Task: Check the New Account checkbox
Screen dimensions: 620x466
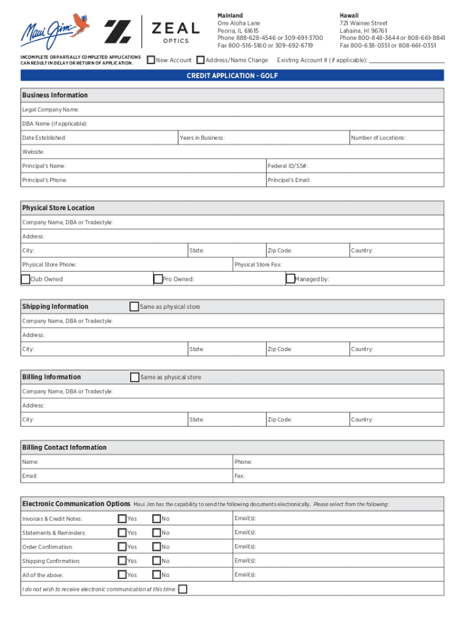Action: [x=151, y=60]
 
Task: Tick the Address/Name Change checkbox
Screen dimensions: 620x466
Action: [x=200, y=60]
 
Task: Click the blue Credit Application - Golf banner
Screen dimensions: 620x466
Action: [x=232, y=75]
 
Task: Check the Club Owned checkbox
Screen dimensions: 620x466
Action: [x=25, y=279]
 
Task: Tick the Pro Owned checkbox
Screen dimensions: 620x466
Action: [x=158, y=279]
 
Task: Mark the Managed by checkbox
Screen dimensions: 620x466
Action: [x=290, y=279]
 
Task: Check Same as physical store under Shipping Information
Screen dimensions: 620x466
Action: [x=134, y=306]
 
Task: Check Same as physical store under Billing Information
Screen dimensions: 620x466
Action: [x=135, y=377]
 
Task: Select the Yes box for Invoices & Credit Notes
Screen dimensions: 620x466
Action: [x=122, y=518]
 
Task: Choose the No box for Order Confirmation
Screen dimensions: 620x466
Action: [x=157, y=547]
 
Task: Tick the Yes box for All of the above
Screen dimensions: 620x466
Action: [x=122, y=575]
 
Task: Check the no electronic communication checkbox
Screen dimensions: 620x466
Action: [x=183, y=589]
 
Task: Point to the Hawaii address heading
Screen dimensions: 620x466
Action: [x=349, y=15]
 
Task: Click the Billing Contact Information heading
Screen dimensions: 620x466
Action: [x=64, y=447]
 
